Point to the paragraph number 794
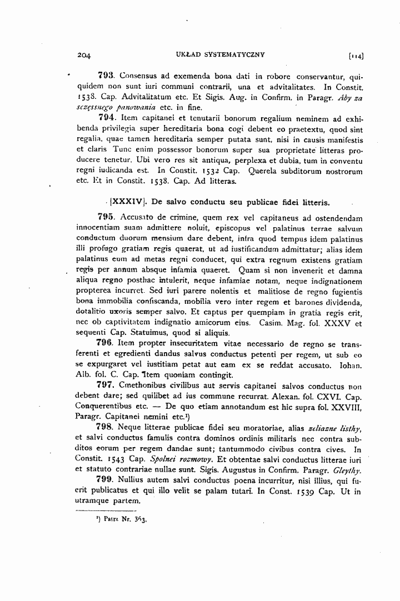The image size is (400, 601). pyautogui.click(x=107, y=117)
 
